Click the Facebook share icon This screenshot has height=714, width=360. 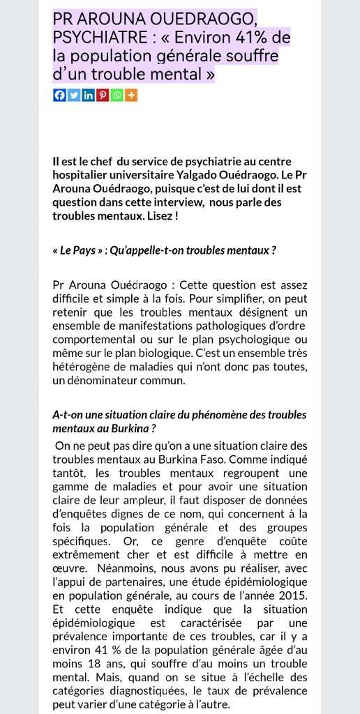click(59, 96)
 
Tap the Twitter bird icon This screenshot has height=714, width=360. click(74, 96)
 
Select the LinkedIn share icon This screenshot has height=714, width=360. click(89, 96)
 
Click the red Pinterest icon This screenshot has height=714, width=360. click(103, 96)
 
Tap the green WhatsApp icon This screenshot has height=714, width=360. click(117, 96)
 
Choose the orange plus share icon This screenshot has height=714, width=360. click(131, 96)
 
